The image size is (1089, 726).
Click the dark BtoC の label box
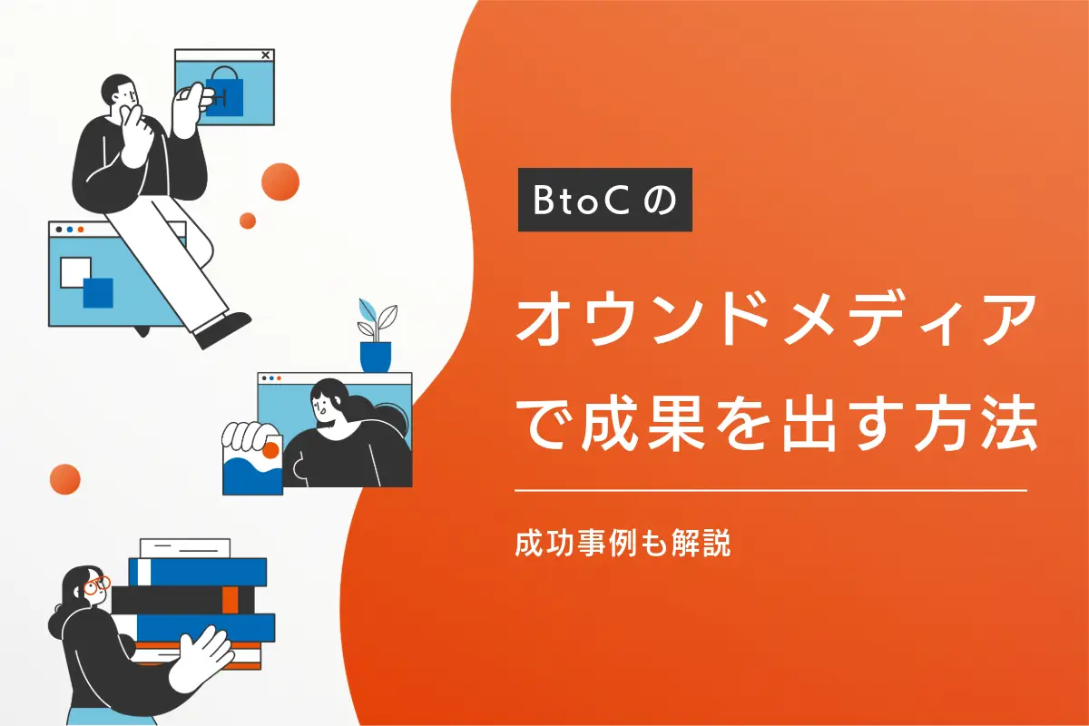pos(604,200)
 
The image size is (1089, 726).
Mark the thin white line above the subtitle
pos(770,491)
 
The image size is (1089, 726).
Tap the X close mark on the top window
pos(265,55)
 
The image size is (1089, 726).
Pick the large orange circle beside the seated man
pos(280,181)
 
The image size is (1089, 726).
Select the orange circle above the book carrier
pos(65,478)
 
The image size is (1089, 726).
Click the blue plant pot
pos(375,355)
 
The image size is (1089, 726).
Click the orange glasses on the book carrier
pos(95,584)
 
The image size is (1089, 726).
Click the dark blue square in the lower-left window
pos(97,292)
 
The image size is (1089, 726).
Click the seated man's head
pos(121,91)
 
